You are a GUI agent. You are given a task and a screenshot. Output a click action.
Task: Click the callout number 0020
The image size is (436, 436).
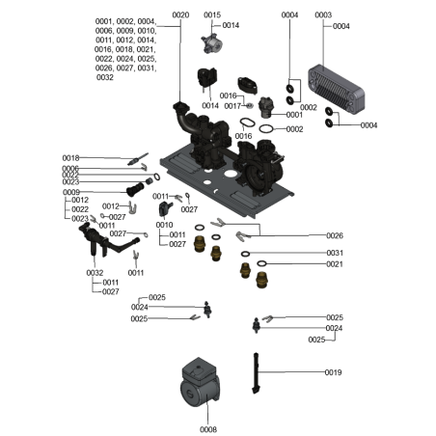point(180,14)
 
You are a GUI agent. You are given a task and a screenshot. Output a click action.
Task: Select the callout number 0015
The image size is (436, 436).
point(211,14)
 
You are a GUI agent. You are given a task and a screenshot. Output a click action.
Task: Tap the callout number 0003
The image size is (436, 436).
point(322,14)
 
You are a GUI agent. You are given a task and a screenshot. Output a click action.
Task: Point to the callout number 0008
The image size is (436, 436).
point(207,428)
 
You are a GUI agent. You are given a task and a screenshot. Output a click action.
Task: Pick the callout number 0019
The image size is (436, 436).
point(333,372)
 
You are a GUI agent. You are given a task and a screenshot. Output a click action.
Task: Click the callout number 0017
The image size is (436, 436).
point(232,106)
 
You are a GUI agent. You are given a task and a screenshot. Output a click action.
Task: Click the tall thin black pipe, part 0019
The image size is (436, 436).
point(257,372)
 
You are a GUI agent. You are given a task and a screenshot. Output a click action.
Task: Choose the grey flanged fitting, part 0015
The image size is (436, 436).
point(208,41)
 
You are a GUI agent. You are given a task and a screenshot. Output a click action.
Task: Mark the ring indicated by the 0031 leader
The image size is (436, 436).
point(247,252)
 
